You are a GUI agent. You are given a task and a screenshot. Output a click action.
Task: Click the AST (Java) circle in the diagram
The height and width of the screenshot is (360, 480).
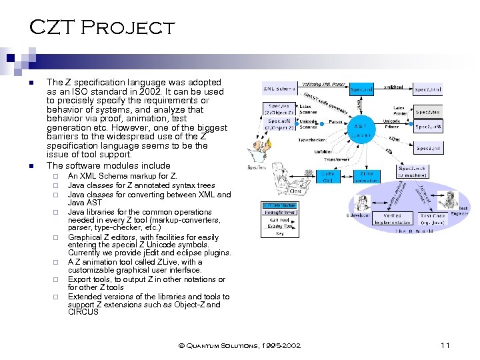(x=359, y=129)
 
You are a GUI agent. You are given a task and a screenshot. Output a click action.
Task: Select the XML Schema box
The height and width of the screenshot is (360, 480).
(x=279, y=89)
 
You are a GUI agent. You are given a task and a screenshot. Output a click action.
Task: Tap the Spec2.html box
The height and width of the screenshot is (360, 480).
(x=427, y=89)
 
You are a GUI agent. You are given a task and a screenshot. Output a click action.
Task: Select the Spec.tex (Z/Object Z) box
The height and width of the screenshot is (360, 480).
(x=279, y=109)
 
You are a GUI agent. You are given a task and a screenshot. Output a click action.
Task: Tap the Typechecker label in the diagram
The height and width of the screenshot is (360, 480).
(x=312, y=141)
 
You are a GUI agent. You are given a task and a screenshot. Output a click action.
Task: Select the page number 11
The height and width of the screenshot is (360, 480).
(x=446, y=345)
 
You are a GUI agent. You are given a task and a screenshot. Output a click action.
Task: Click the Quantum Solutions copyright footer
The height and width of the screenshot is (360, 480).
(x=239, y=345)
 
